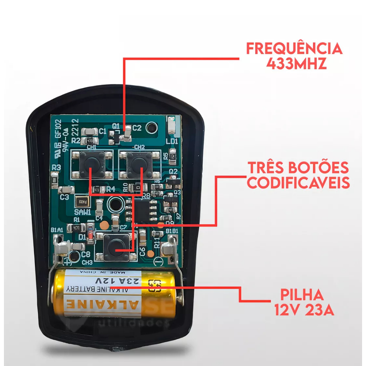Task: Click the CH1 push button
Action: point(92,164)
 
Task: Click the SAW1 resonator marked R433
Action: point(83,202)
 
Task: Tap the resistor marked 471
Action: point(76,227)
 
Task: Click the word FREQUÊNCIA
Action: point(294,49)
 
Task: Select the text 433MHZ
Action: point(297,65)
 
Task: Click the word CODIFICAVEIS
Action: point(298,183)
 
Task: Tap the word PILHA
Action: point(302,295)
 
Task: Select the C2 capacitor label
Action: point(137,128)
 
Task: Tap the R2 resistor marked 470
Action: point(89,140)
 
